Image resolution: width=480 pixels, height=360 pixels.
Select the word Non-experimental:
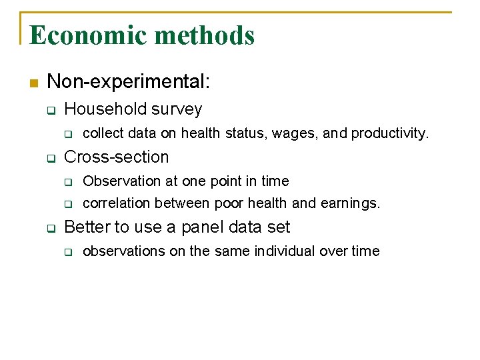[x=129, y=82]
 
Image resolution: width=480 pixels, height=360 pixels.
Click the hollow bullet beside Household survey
[x=50, y=109]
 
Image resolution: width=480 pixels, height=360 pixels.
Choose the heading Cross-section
[x=117, y=157]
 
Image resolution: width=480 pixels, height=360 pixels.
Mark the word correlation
[x=117, y=203]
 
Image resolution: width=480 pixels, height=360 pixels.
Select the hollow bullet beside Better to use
[x=50, y=228]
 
